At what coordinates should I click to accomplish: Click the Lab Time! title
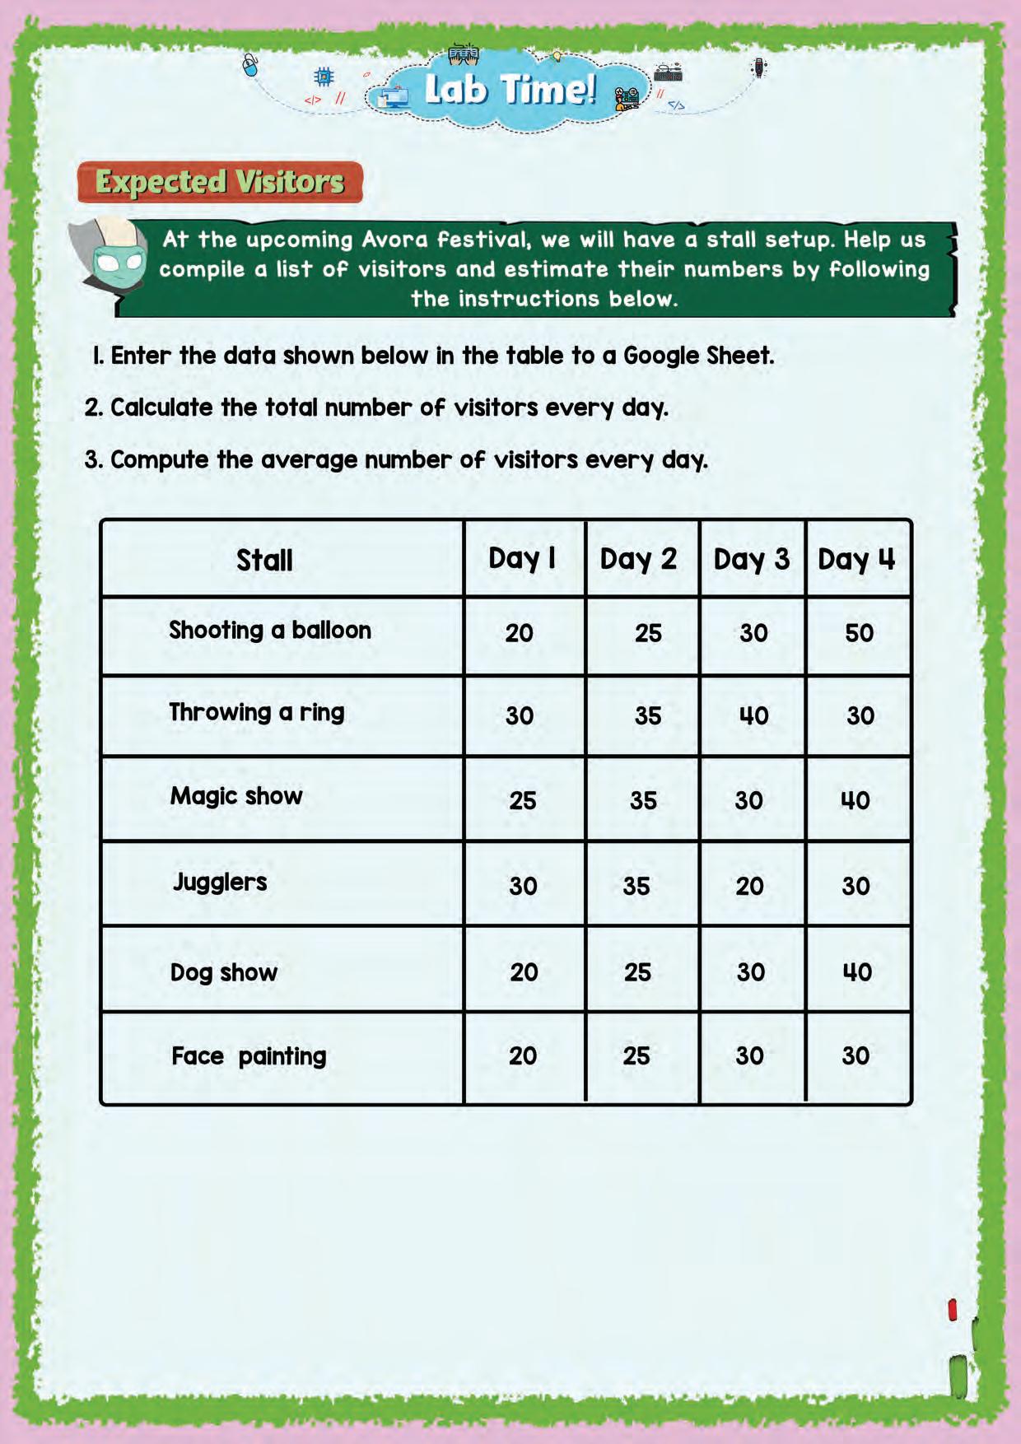tap(510, 89)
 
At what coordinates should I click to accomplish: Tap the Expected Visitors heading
tap(220, 182)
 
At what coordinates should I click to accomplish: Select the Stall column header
tap(264, 561)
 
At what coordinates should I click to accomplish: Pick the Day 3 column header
tap(751, 560)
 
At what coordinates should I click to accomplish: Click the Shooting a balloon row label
tap(270, 631)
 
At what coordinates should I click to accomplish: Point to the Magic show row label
tap(236, 796)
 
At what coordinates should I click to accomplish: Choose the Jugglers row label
tap(220, 883)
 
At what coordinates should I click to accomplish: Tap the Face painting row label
tap(249, 1056)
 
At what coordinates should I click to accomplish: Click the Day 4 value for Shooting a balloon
tap(859, 633)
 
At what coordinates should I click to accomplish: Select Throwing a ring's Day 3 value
tap(753, 715)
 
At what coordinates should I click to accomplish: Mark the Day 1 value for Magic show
tap(522, 800)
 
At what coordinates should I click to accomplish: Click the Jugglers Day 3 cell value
tap(749, 886)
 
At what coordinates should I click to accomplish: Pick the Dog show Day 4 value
tap(857, 972)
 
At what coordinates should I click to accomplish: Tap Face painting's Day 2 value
tap(636, 1056)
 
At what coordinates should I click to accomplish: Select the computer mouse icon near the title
tap(251, 64)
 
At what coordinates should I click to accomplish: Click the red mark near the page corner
tap(953, 1310)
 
